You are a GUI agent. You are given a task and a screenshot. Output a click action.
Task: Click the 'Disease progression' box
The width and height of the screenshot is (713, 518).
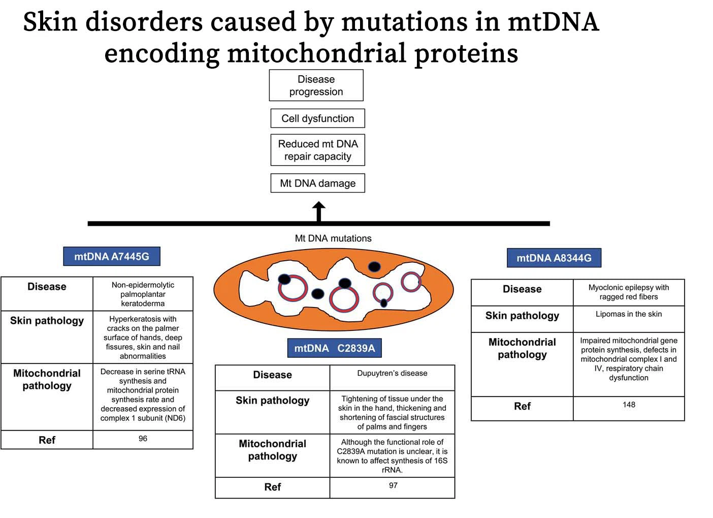pyautogui.click(x=316, y=85)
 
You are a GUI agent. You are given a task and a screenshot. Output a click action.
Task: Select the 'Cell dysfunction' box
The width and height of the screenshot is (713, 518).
pyautogui.click(x=318, y=118)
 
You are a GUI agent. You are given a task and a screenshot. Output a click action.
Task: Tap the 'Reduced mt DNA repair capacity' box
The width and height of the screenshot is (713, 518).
pyautogui.click(x=318, y=150)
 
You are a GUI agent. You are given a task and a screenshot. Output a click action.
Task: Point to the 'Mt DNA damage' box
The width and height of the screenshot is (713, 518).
pyautogui.click(x=318, y=183)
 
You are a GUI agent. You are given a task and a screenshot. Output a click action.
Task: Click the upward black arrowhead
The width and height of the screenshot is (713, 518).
pyautogui.click(x=318, y=206)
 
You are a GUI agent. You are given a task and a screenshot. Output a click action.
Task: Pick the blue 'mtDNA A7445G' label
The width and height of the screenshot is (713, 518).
pyautogui.click(x=112, y=256)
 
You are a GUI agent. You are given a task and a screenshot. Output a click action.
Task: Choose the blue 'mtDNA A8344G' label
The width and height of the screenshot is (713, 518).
pyautogui.click(x=554, y=258)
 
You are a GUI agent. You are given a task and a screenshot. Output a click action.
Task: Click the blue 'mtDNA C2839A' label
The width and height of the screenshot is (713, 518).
pyautogui.click(x=335, y=348)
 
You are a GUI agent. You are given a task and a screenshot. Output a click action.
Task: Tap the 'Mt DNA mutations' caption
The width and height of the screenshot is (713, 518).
pyautogui.click(x=333, y=238)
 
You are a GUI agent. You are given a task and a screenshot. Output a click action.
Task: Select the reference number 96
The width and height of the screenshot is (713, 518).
pyautogui.click(x=143, y=439)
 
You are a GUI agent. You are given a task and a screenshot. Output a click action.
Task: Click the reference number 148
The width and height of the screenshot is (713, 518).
pyautogui.click(x=629, y=405)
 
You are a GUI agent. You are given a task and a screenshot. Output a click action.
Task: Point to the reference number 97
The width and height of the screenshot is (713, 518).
pyautogui.click(x=393, y=485)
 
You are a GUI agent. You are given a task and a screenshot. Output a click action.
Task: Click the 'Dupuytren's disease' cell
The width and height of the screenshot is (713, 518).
pyautogui.click(x=393, y=378)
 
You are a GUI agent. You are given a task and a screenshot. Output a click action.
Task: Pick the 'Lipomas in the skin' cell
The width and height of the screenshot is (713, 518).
pyautogui.click(x=629, y=319)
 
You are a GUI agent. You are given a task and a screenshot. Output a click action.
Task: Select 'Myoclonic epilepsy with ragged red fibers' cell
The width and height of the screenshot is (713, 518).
pyautogui.click(x=629, y=293)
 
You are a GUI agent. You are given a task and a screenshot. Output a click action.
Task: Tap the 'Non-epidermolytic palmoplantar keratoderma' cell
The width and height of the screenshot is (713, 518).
pyautogui.click(x=143, y=294)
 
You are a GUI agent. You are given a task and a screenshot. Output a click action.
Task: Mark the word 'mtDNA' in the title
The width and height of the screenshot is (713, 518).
pyautogui.click(x=554, y=22)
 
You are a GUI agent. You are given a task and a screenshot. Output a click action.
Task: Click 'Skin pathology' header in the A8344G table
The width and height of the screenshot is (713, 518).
pyautogui.click(x=523, y=315)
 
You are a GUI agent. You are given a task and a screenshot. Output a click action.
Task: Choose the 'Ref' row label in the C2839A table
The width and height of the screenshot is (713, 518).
pyautogui.click(x=273, y=487)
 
